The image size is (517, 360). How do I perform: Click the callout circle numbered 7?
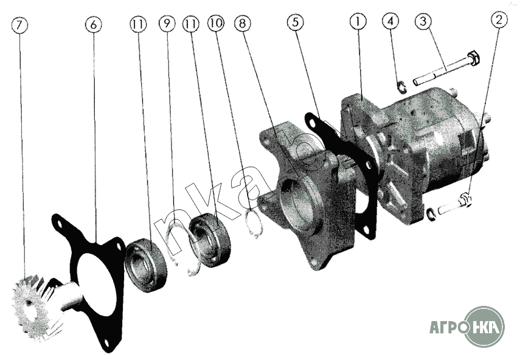[19, 26]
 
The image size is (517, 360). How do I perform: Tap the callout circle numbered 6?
[93, 24]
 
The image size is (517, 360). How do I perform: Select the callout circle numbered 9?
[167, 23]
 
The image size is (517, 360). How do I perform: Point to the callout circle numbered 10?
[216, 22]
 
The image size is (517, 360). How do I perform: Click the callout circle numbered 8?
[243, 23]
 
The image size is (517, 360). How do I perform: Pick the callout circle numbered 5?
[295, 22]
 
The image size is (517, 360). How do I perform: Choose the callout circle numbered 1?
[358, 21]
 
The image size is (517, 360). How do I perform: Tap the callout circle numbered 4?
[390, 21]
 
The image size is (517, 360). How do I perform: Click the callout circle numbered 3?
[423, 21]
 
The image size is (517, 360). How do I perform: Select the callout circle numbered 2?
[499, 20]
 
